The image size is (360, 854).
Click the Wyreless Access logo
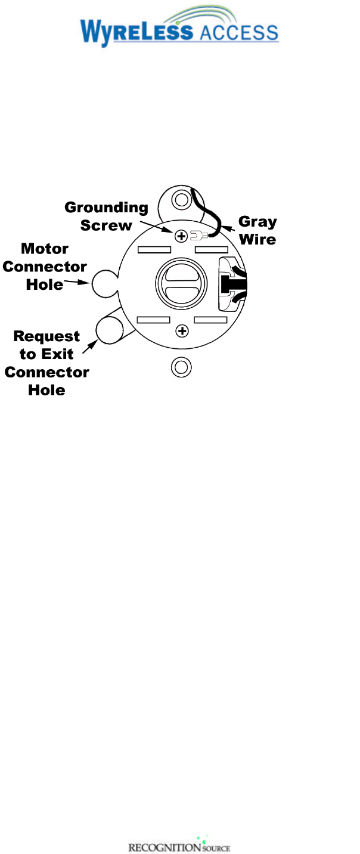coord(179,27)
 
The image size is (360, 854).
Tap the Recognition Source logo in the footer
coord(179,847)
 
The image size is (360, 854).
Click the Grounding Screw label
coord(106,216)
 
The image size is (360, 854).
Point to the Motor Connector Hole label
coord(45,266)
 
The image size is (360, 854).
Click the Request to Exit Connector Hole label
coord(46,364)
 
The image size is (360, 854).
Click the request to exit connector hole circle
coord(109,330)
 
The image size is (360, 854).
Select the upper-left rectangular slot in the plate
coord(154,249)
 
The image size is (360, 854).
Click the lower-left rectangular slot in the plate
coord(154,320)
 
